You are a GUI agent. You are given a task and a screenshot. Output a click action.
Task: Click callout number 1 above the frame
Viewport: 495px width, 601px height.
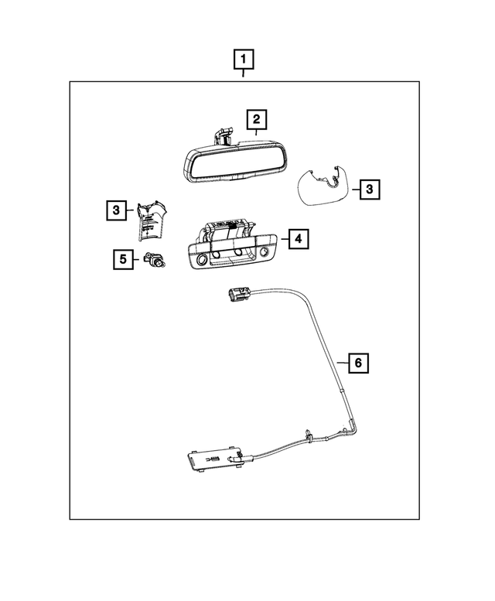pos(244,60)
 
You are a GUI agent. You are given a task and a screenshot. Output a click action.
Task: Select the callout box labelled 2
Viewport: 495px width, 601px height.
pos(256,120)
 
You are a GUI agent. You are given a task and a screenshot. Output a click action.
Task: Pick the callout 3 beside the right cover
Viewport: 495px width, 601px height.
pos(370,188)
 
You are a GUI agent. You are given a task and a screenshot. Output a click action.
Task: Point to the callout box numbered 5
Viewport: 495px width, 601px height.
pos(122,259)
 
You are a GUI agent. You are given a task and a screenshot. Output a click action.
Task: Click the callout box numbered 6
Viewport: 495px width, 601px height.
pos(357,361)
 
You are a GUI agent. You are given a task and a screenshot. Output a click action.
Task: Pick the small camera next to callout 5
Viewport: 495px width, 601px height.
pos(154,261)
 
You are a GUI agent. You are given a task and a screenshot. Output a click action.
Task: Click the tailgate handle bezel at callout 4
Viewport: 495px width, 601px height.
pos(231,248)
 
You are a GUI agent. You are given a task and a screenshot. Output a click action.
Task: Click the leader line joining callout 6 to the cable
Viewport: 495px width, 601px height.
pos(340,361)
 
